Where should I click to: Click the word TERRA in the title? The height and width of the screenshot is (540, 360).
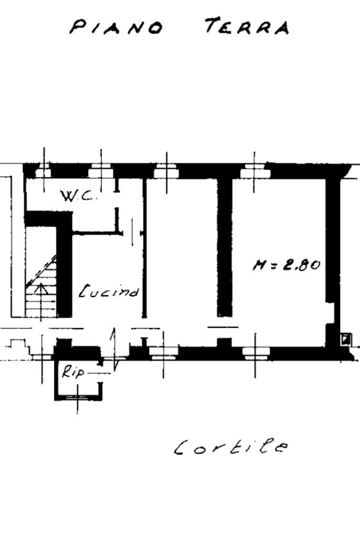tap(247, 26)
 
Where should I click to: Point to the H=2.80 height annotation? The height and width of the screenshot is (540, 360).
tap(286, 264)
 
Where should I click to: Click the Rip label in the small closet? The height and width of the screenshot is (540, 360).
tap(73, 372)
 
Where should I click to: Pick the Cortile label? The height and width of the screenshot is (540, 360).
tap(231, 448)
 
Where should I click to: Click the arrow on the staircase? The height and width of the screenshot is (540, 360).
tap(40, 288)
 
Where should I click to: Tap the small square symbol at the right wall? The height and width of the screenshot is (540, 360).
tap(345, 339)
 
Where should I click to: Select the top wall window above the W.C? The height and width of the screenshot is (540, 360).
tap(101, 171)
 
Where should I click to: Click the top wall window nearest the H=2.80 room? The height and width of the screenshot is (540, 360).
tap(254, 171)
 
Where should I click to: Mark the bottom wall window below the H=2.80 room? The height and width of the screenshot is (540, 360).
tap(255, 352)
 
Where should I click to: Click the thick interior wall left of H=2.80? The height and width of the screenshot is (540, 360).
tap(225, 248)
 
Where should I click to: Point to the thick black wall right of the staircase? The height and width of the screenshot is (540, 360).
tap(64, 269)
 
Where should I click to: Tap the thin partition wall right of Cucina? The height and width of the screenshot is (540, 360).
tap(144, 248)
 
